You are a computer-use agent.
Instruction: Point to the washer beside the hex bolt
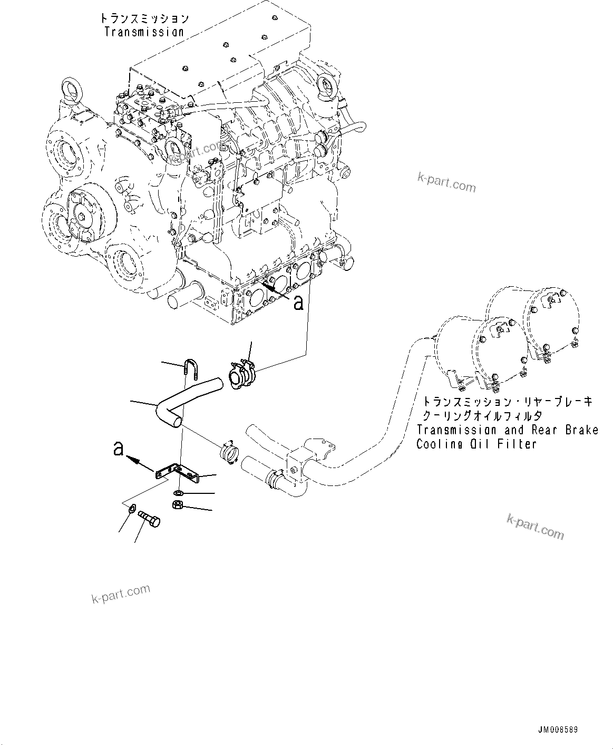132,509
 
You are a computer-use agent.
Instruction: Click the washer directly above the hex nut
179,493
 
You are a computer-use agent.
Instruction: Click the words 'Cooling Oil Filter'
476,444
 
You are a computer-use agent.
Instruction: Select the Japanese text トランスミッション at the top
144,18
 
